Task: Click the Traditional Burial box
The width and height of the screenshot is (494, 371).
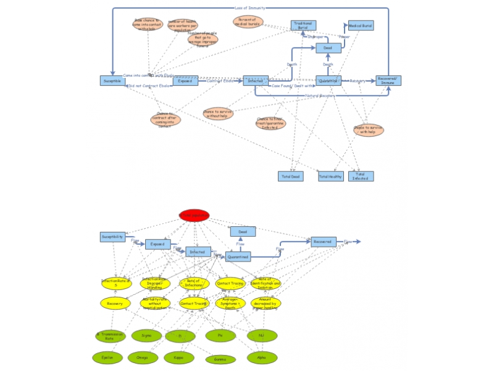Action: tap(303, 25)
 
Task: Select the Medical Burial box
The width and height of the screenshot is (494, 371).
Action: tap(361, 25)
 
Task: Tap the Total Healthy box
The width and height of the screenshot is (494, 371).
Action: tap(330, 176)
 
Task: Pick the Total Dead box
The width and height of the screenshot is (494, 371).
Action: tap(290, 176)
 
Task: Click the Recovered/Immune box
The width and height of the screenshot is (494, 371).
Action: tap(388, 81)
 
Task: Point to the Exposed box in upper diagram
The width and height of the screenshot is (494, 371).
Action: tap(185, 81)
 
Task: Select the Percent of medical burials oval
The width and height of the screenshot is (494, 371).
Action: tap(248, 22)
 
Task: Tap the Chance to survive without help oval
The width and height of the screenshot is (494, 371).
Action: tap(218, 114)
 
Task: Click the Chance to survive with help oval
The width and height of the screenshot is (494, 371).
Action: tap(368, 130)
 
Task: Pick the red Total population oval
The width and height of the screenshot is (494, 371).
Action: tap(194, 215)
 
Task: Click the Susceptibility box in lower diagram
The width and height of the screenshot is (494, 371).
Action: tap(112, 237)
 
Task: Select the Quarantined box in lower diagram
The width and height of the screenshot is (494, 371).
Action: tap(238, 257)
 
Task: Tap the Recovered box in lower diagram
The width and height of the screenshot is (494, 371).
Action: tap(322, 242)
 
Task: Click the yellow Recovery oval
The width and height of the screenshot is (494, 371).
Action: tap(115, 304)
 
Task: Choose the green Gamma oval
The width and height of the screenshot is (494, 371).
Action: tap(220, 359)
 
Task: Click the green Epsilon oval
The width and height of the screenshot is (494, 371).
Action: tap(107, 357)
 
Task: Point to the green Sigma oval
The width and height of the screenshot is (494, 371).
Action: tap(146, 336)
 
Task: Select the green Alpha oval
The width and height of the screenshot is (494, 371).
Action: tap(262, 357)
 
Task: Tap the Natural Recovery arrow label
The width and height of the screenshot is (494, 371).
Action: tap(319, 96)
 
